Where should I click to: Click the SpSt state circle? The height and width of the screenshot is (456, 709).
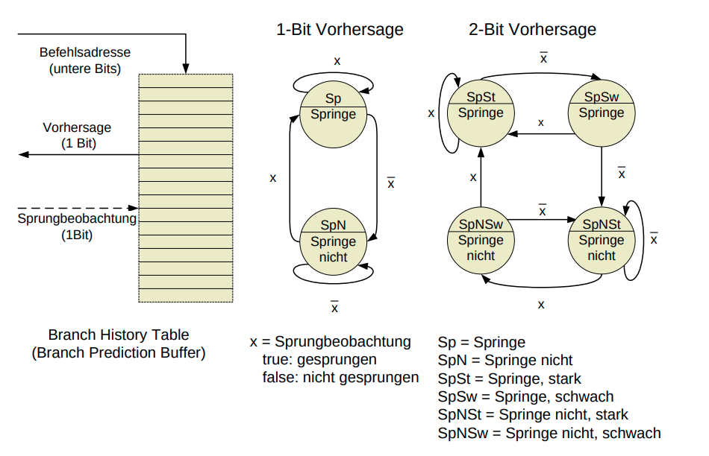pos(481,113)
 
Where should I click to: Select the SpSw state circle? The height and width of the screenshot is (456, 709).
pos(602,113)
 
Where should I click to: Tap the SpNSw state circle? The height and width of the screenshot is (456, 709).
pos(481,240)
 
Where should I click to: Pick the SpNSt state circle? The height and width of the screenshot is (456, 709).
pos(602,240)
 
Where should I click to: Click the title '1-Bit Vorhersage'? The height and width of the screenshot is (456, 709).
pos(340,30)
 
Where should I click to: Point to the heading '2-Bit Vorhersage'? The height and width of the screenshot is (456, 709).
pos(532,30)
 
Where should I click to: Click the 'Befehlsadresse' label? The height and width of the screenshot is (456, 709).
pos(85,53)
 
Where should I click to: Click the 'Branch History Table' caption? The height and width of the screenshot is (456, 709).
pos(119,335)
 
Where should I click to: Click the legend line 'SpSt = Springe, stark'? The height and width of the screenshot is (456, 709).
pos(510,379)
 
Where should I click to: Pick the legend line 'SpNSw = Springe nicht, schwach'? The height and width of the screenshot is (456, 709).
pos(549,433)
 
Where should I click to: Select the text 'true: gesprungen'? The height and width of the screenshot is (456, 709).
pos(319,360)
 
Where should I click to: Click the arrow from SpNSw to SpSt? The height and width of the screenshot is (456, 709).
pos(481,177)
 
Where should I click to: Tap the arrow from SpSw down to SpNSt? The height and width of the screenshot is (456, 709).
pos(602,177)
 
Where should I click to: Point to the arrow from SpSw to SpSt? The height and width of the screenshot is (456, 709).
pos(541,134)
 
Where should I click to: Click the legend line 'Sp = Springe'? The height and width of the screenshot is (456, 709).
pos(481,343)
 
